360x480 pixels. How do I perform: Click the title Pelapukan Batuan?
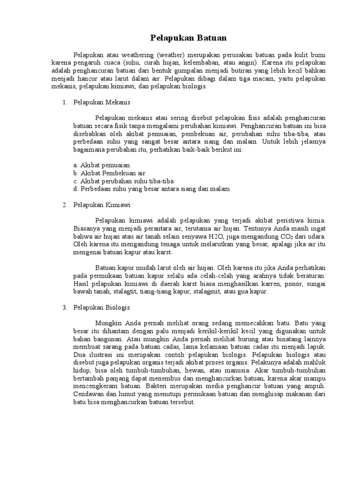point(180,37)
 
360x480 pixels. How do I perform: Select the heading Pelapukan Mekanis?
point(103,102)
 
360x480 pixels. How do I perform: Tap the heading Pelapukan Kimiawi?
point(102,205)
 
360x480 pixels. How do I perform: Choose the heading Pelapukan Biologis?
point(102,307)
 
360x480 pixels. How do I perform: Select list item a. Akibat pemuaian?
point(101,165)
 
